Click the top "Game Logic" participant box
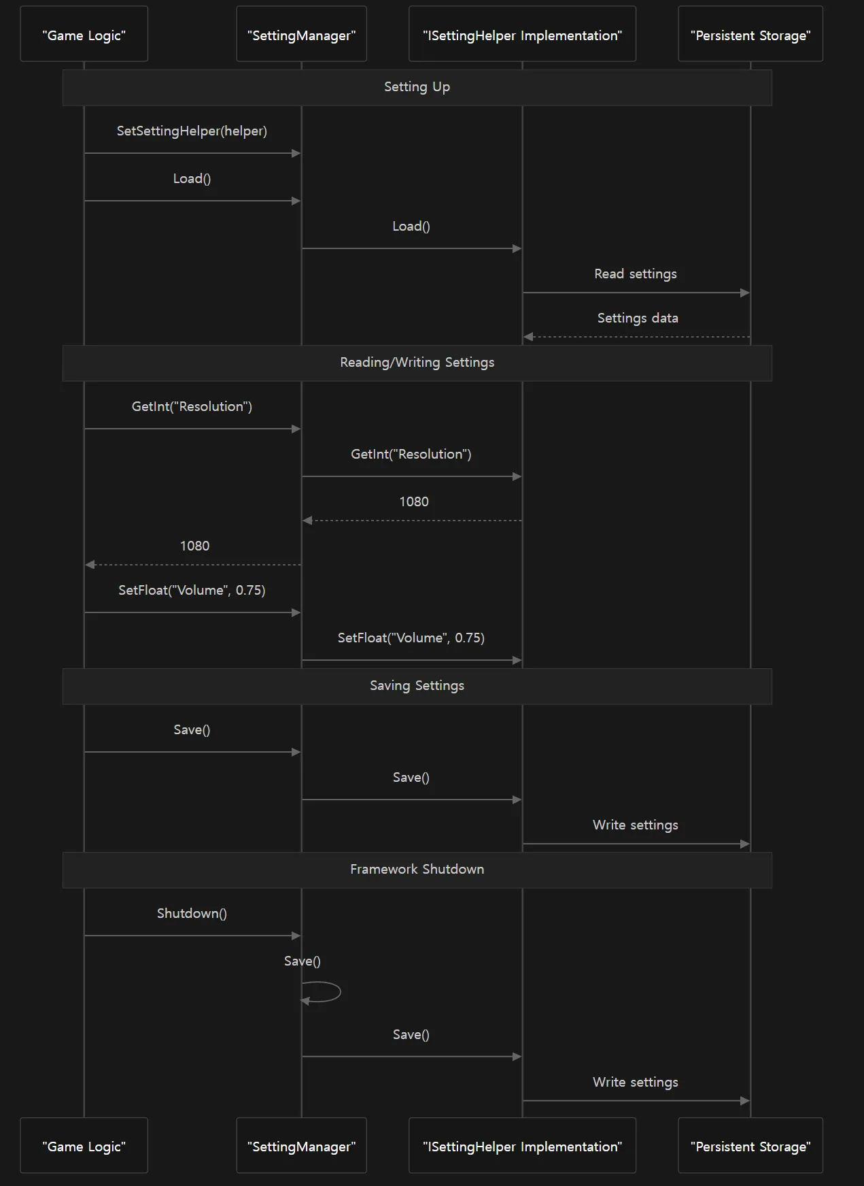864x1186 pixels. pos(84,34)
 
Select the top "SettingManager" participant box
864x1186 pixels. pos(301,34)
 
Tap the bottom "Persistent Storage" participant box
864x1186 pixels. pos(750,1145)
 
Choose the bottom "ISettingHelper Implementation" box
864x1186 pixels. pos(522,1145)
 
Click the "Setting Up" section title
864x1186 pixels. pos(417,87)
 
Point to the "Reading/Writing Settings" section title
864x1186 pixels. pos(417,363)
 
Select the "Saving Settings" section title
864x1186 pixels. pos(417,686)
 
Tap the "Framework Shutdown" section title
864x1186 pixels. pos(417,870)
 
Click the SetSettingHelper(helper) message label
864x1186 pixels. pos(192,131)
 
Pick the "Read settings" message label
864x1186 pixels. pos(636,274)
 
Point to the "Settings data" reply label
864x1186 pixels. pos(638,318)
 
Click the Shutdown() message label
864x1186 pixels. pos(192,914)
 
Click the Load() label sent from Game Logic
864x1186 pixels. pos(192,179)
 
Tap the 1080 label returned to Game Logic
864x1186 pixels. pos(194,546)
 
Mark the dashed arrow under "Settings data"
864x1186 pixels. pos(636,337)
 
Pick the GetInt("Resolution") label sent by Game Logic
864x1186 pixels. pos(192,407)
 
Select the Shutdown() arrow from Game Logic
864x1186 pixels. pos(192,936)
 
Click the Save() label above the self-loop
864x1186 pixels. pos(302,961)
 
